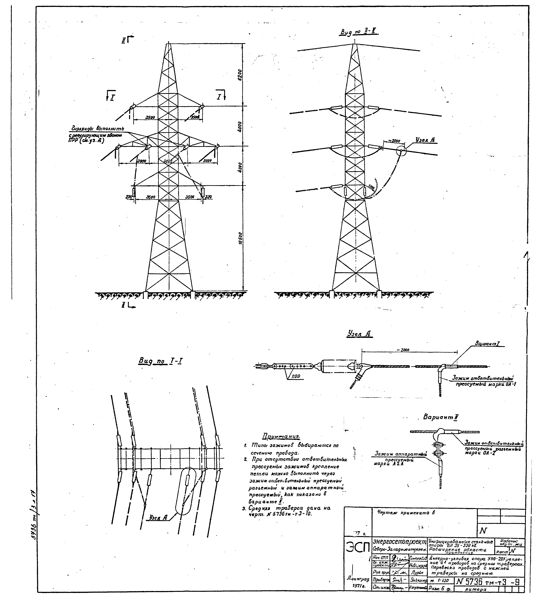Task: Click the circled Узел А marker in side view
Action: pos(401,151)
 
